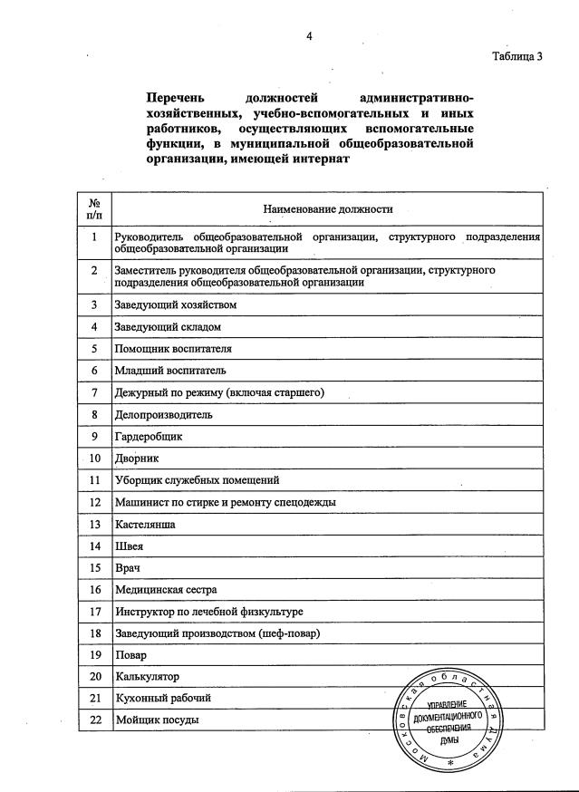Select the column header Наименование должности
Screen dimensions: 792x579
click(x=328, y=209)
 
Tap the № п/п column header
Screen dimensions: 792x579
click(x=94, y=209)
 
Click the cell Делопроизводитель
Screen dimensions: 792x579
click(x=163, y=414)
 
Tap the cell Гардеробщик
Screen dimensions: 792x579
click(x=149, y=436)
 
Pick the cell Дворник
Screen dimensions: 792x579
click(x=137, y=458)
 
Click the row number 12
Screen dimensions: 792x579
click(x=94, y=501)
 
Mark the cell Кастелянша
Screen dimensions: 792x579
click(x=145, y=524)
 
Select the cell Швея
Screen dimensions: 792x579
click(x=130, y=546)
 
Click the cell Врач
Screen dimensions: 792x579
click(x=128, y=567)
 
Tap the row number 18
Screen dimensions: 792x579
click(x=94, y=633)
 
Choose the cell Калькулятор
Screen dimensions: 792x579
click(x=147, y=676)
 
